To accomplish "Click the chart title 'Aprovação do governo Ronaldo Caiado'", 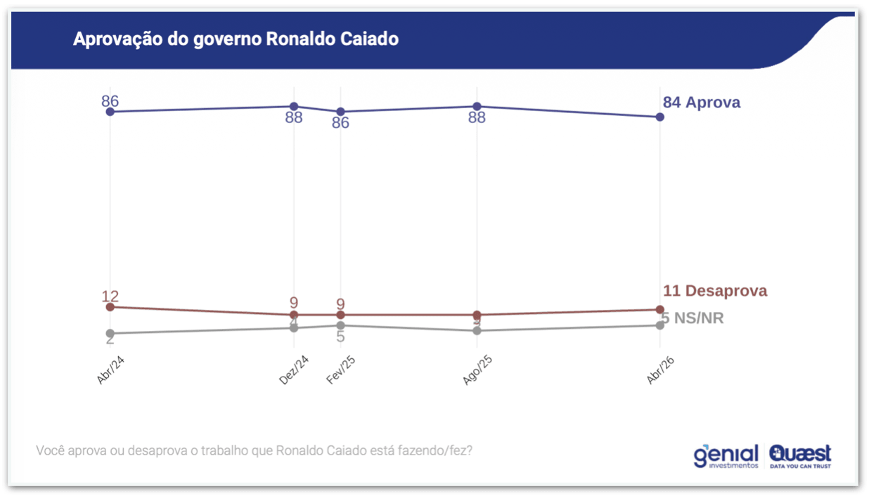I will (x=236, y=39).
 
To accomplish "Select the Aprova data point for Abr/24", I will (x=110, y=112).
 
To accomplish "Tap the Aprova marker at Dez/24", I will (x=294, y=106).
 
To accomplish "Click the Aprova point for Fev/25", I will (x=340, y=112).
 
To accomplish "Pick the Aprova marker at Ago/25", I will (x=477, y=106).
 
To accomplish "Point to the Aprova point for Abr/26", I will (x=660, y=117).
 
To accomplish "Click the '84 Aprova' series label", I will (x=701, y=103).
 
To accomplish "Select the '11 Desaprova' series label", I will (x=715, y=291).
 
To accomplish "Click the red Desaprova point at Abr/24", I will (x=110, y=307).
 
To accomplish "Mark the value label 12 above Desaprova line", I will (x=110, y=296).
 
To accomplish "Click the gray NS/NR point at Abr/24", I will (x=110, y=333).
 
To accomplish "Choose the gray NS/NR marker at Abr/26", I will (x=660, y=325).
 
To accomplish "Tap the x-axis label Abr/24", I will (x=110, y=370).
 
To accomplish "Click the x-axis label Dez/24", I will (x=293, y=370).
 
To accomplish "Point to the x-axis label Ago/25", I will (x=477, y=370).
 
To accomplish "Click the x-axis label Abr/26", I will (x=660, y=370).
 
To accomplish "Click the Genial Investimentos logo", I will (x=726, y=456).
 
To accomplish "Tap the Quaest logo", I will (x=800, y=456).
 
